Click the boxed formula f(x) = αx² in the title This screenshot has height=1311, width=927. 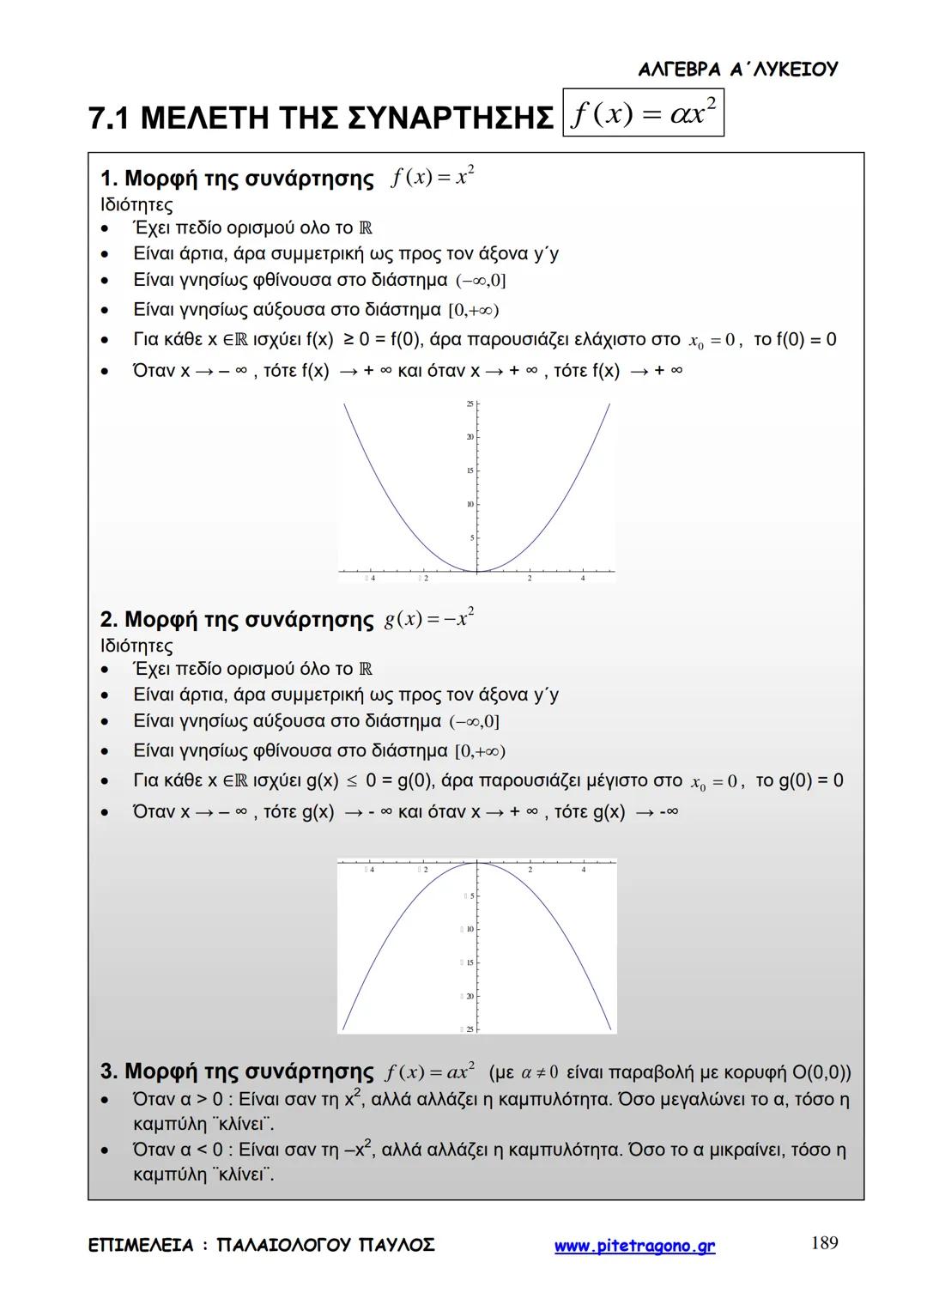[x=643, y=113]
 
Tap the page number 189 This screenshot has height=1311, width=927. [x=824, y=1242]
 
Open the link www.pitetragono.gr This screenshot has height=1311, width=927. [x=634, y=1246]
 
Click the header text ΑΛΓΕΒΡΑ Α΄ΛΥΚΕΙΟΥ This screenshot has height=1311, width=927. [x=737, y=70]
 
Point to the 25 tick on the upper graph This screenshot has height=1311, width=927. [x=470, y=404]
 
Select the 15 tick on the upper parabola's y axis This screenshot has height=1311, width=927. [x=470, y=470]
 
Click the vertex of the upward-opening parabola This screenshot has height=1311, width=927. [x=477, y=571]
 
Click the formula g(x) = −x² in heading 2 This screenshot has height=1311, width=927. [x=429, y=619]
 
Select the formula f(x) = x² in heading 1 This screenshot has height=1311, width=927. [x=433, y=178]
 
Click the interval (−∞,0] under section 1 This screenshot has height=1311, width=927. [x=481, y=281]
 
